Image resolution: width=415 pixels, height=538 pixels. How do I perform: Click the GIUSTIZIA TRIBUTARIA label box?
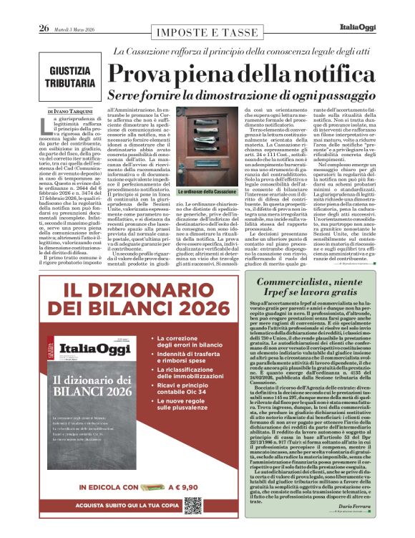pos(72,77)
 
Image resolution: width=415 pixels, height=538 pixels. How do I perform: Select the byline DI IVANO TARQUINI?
pos(71,112)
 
